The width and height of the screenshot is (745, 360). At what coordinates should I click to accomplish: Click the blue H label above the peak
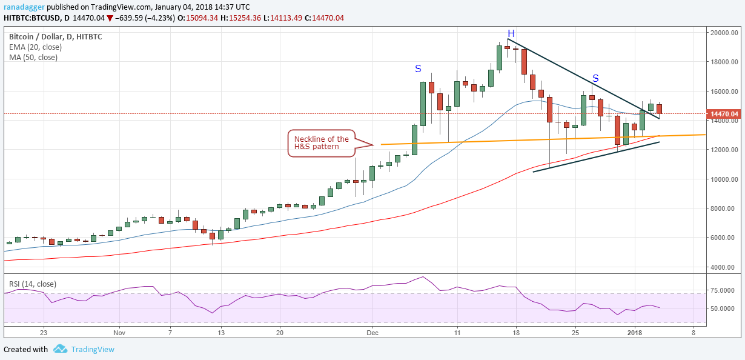click(511, 33)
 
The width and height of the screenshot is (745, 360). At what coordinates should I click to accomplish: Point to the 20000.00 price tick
click(725, 33)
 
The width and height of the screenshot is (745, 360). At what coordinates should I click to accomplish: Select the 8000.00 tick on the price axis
click(725, 208)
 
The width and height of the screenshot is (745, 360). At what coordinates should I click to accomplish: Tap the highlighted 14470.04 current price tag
click(724, 114)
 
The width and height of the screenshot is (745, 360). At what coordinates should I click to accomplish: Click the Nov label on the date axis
click(119, 333)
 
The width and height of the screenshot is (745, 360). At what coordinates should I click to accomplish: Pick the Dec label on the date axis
click(372, 333)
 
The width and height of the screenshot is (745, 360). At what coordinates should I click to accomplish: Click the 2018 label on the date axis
click(635, 333)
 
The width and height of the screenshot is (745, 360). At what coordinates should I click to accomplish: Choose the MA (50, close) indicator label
click(33, 58)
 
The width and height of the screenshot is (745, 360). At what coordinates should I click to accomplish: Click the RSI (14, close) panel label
click(32, 282)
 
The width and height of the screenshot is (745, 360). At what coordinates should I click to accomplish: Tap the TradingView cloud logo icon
click(59, 349)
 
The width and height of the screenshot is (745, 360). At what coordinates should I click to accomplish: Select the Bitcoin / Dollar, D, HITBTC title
click(55, 36)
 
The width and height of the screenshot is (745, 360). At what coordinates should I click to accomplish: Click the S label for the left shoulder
click(418, 68)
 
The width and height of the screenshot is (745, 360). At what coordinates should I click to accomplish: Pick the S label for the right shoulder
click(595, 78)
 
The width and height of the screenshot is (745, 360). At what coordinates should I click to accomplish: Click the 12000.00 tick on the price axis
click(725, 150)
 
